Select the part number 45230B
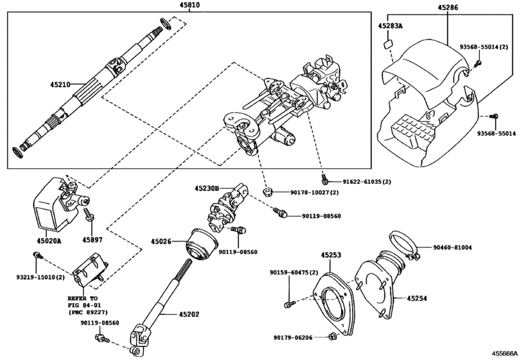click(208, 188)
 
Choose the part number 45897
click(92, 241)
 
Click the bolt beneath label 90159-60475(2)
click(289, 301)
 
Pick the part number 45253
click(331, 255)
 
